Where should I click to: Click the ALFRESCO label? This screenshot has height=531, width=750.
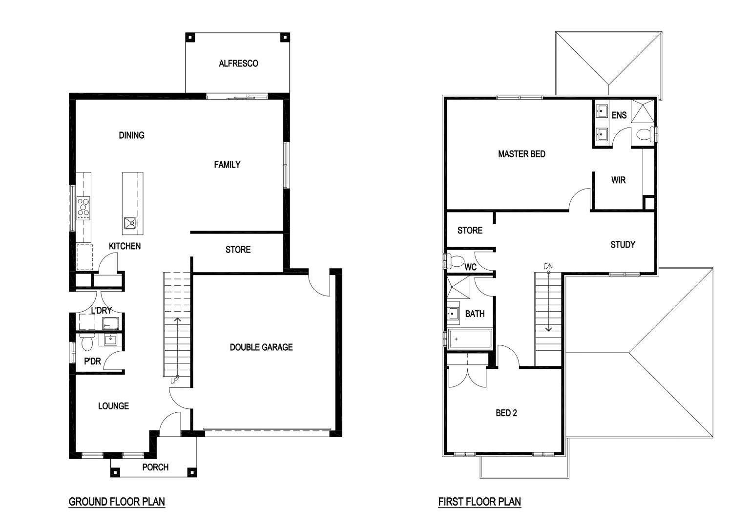coord(238,64)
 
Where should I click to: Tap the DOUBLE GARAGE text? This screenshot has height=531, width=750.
coord(261,347)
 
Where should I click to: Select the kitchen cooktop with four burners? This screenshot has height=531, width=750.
coord(83,208)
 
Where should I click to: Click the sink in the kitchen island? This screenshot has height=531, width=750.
coord(130,223)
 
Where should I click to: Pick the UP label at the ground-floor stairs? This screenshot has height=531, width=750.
coord(174,381)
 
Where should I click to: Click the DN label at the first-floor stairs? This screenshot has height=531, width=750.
coord(548,266)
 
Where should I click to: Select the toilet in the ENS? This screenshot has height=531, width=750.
coord(645,135)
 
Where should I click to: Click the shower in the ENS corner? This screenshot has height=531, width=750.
coord(643,111)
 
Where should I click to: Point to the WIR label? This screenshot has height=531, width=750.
coord(619,180)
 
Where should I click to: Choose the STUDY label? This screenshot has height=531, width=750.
coord(623,245)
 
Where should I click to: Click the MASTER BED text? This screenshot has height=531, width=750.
coord(521,154)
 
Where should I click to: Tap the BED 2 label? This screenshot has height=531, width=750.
coord(506,413)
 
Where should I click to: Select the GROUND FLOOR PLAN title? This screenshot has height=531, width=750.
coord(117,502)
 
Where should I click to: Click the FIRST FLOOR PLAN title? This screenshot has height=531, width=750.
coord(480,502)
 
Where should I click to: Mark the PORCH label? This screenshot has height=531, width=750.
coord(155,467)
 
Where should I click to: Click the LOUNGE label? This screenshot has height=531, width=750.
coord(113,406)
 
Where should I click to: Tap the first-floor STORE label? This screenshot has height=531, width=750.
coord(470,231)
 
